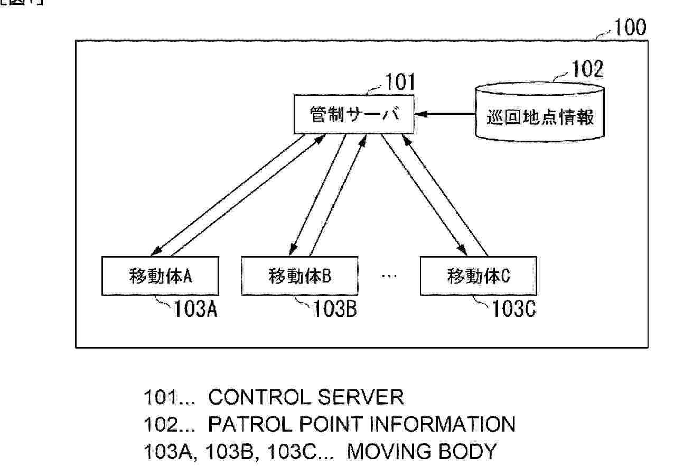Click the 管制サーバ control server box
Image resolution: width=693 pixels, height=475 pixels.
353,115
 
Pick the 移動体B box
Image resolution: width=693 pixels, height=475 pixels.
299,276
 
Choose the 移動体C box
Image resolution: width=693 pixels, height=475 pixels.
479,276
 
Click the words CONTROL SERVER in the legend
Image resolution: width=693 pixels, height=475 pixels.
306,397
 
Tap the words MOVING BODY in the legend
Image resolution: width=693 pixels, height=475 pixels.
422,452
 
